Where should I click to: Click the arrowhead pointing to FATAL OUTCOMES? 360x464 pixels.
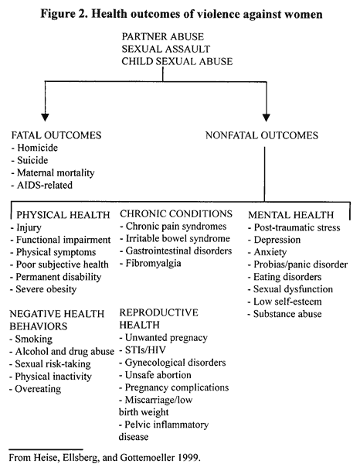coord(45,118)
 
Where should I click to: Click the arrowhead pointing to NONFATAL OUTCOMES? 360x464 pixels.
coord(267,118)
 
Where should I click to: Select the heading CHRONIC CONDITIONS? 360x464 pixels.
coord(176,213)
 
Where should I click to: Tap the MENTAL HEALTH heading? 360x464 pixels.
coord(290,214)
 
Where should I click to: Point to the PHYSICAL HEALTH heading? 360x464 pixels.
coord(63,214)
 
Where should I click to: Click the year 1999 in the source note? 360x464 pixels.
coord(188,457)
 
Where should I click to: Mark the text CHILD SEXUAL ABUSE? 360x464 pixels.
coord(177,61)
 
